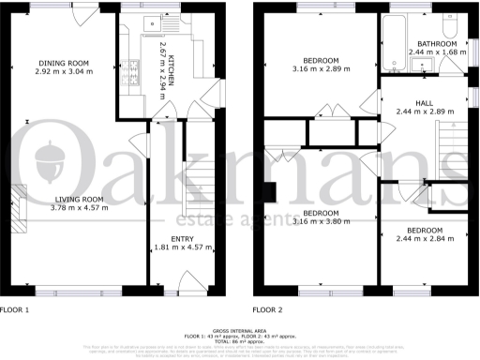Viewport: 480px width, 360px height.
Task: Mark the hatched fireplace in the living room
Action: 18,202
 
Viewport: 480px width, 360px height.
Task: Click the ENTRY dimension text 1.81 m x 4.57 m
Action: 182,250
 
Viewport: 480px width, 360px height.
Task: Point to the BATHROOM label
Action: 437,44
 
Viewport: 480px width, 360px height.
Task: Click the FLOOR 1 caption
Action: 16,309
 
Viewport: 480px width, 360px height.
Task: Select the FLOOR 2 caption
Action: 270,309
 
